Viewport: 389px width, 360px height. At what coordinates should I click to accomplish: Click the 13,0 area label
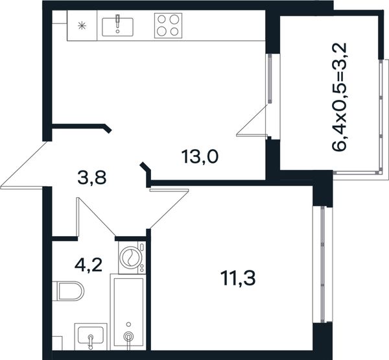tap(200, 157)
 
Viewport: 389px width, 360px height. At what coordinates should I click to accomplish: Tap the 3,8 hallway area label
tap(92, 178)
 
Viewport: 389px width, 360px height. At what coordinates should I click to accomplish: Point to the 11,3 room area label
tap(238, 278)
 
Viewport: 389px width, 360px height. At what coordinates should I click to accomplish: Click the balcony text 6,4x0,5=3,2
tap(339, 97)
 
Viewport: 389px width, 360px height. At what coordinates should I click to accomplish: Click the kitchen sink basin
tap(117, 27)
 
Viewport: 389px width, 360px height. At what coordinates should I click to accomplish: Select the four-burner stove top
tap(168, 25)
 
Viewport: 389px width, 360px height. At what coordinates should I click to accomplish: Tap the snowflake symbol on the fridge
tap(82, 25)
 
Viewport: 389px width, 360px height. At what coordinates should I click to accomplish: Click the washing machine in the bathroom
tap(132, 258)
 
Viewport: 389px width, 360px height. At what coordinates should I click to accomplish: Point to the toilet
tap(68, 291)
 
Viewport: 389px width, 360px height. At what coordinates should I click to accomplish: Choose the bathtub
tap(128, 311)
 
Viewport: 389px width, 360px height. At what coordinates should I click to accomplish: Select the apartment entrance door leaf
tap(24, 165)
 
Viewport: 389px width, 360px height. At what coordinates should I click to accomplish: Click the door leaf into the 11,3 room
tap(169, 209)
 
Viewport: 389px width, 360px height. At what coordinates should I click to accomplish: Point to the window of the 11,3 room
tap(322, 265)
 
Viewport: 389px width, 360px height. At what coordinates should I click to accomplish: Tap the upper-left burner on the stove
tap(161, 19)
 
